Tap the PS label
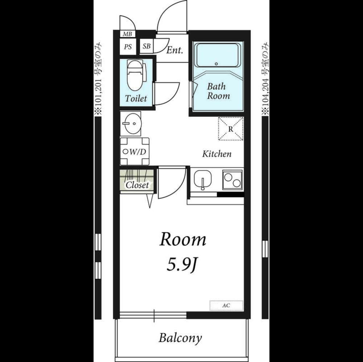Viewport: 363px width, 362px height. pos(128,47)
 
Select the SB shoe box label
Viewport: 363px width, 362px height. pos(147,46)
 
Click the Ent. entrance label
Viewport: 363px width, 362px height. pos(174,50)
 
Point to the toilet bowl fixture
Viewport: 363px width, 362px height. pos(135,75)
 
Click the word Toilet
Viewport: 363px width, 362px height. pos(136,98)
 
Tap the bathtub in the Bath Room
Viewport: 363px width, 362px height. pos(217,55)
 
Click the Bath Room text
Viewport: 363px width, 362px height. pos(218,91)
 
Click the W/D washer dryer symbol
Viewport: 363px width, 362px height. pos(135,151)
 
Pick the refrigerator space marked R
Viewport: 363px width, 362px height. pos(231,129)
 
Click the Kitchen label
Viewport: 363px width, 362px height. pos(217,154)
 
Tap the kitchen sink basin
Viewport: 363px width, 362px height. pos(203,180)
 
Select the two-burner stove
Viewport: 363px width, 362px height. pos(232,180)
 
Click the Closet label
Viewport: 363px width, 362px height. pos(137,185)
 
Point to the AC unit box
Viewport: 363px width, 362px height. pos(226,306)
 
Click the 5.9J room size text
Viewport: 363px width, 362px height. pos(182,265)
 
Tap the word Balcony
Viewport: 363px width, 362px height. pos(180,338)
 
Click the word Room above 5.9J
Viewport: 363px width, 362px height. pos(183,240)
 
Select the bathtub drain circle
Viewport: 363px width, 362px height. pos(216,64)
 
